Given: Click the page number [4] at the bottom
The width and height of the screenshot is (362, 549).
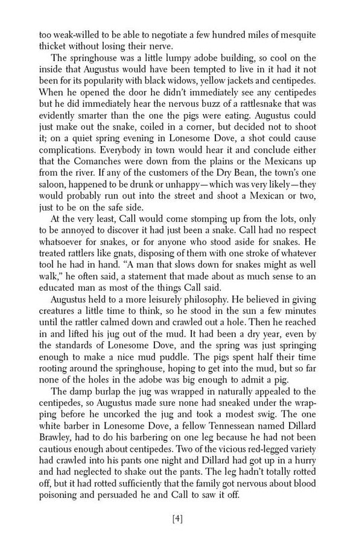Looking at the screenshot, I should click(180, 533).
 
